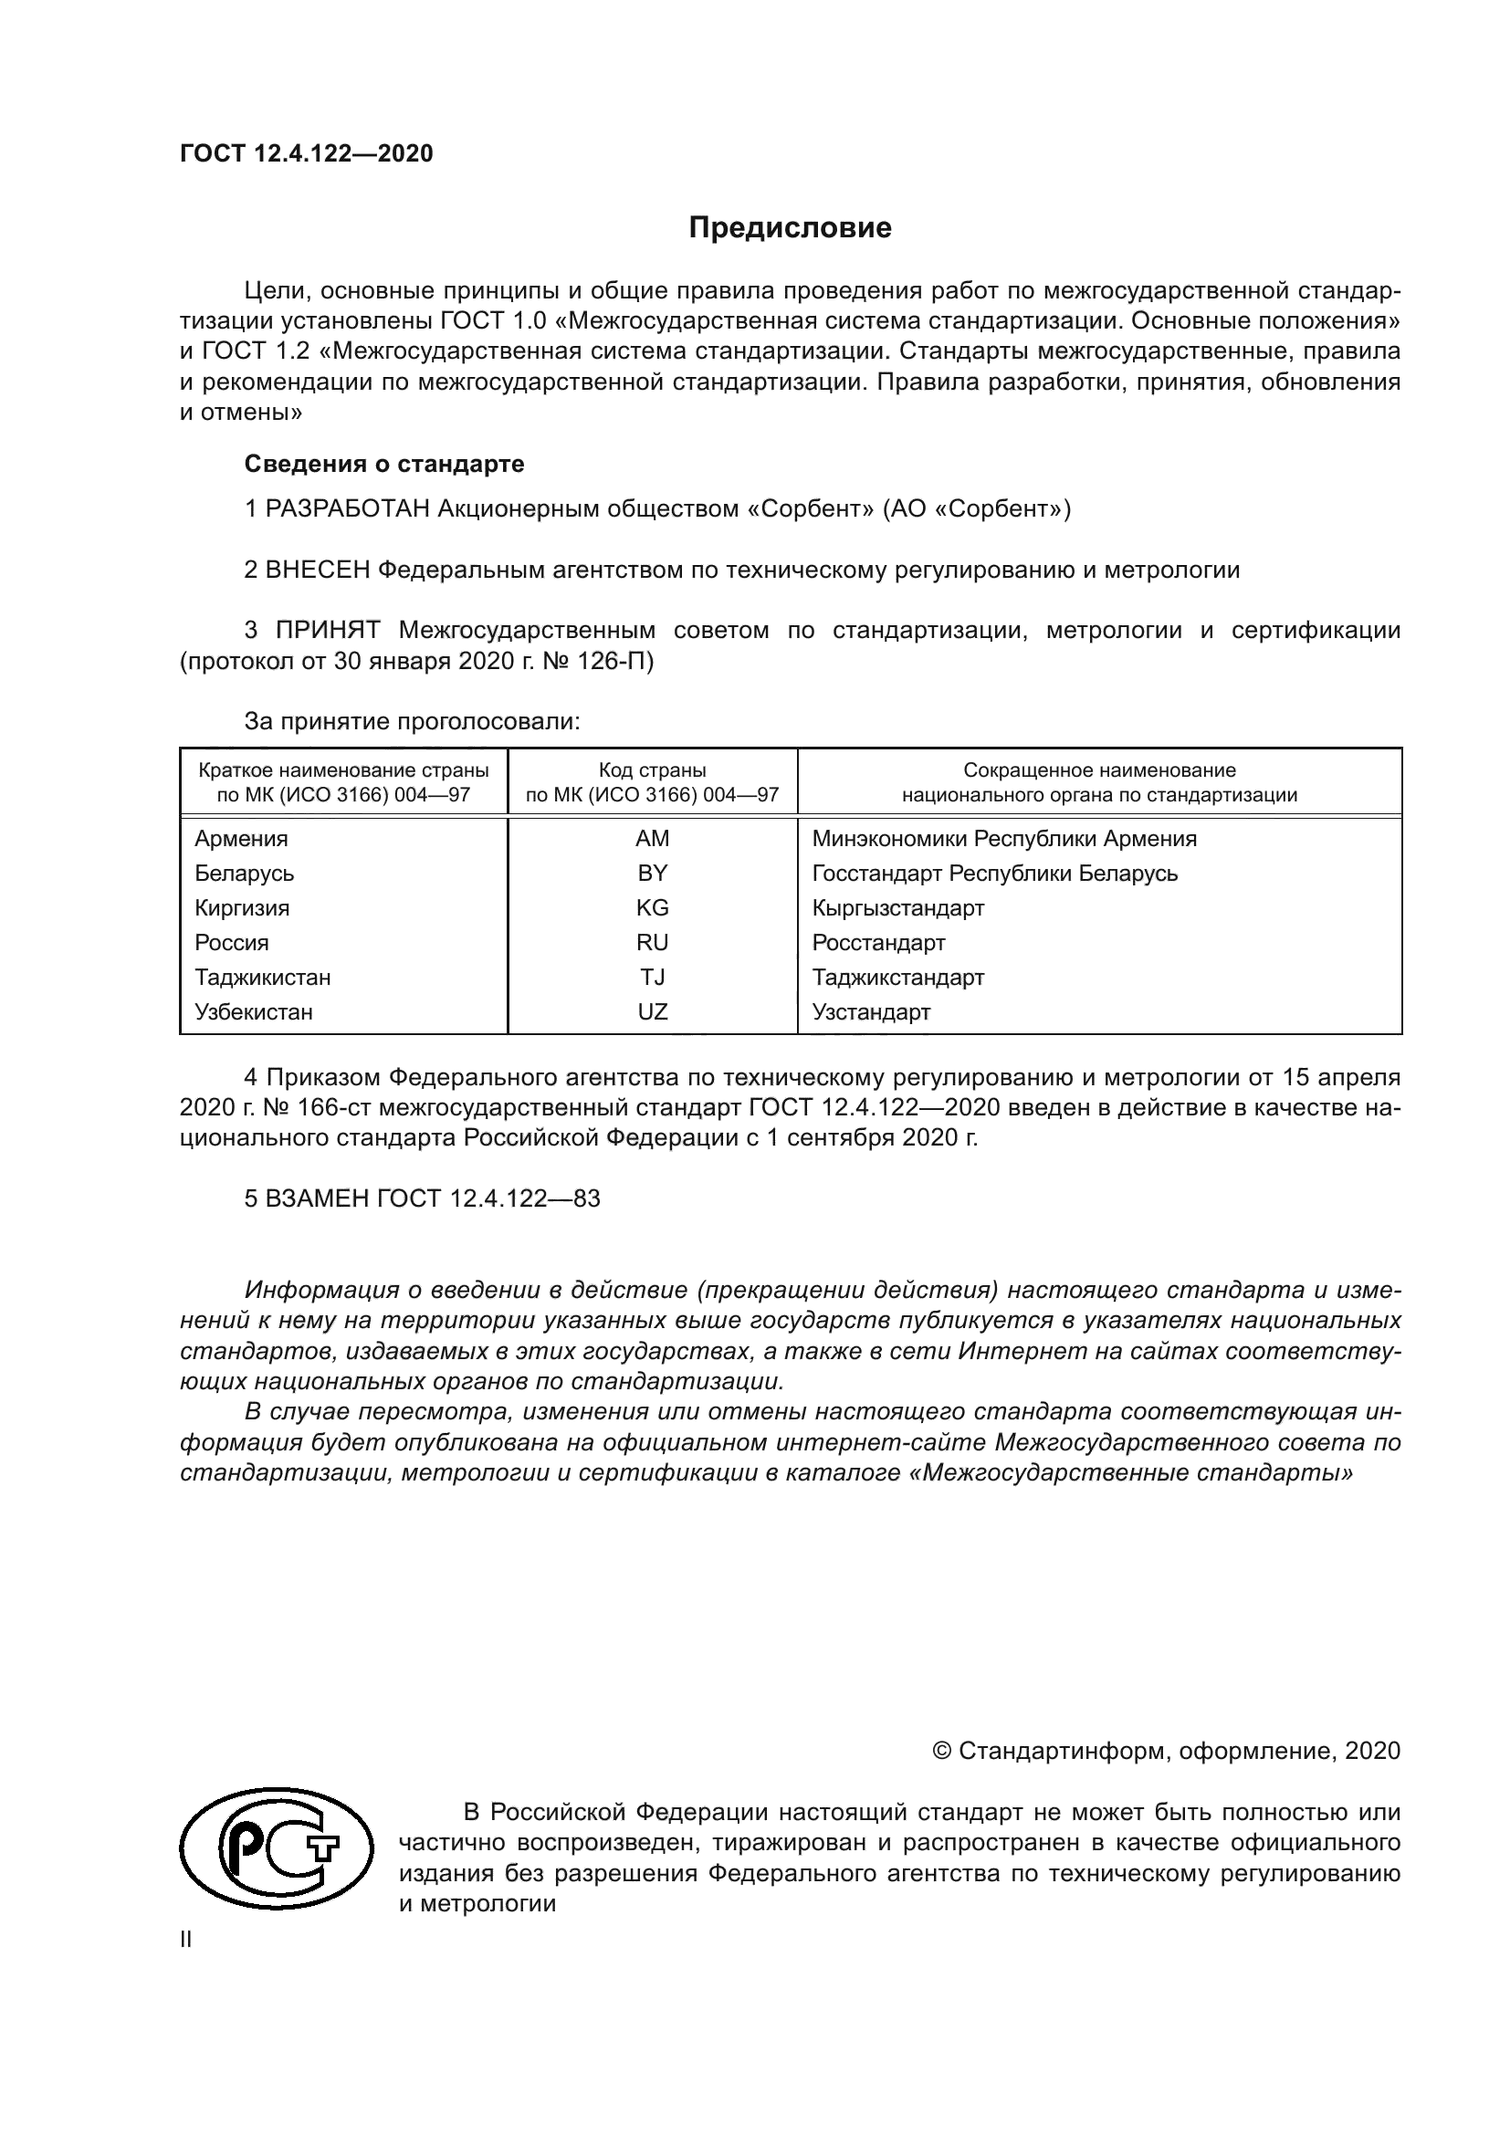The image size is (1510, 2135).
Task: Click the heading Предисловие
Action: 790,228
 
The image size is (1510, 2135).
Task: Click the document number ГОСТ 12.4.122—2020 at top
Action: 307,153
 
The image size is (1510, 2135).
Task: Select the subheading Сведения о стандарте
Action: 384,464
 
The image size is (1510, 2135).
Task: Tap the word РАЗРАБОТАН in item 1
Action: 348,509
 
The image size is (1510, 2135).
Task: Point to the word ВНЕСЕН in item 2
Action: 318,570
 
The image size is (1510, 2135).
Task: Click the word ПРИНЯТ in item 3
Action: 328,631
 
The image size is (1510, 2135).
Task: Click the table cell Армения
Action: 241,839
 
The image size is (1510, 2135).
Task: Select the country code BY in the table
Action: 653,874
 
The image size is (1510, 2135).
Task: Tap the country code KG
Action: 653,907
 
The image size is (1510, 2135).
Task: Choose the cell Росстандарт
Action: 878,943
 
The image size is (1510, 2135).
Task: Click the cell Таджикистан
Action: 262,978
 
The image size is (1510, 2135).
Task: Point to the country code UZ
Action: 653,1011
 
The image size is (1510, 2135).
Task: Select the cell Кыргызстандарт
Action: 898,907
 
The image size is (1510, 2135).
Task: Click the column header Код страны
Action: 653,771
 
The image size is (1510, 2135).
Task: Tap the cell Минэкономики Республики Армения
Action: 1004,839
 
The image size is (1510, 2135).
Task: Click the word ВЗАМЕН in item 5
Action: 317,1198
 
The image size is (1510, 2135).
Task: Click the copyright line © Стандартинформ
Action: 1166,1751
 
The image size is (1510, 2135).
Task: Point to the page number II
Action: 186,1940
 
